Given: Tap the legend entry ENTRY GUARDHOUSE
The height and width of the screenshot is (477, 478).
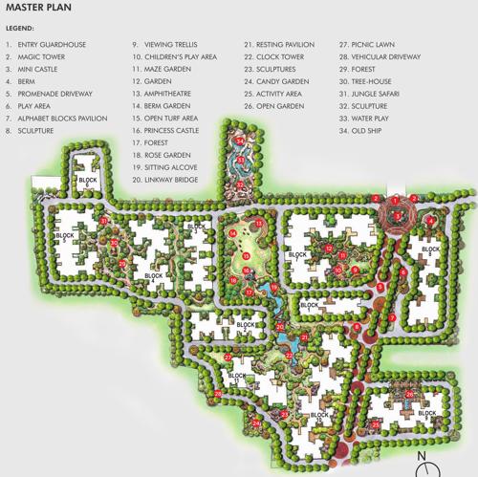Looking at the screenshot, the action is (54, 45).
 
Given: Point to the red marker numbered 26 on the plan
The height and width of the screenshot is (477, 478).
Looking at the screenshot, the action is (410, 394).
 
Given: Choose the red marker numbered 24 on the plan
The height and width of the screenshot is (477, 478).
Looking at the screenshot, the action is (255, 421).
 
